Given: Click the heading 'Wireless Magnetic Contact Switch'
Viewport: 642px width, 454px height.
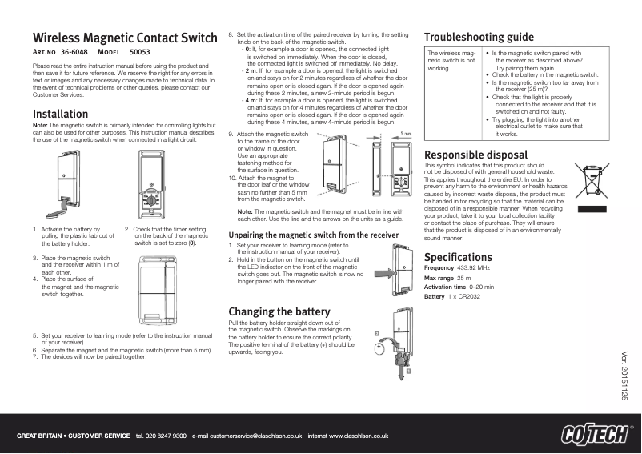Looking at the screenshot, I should (125, 38).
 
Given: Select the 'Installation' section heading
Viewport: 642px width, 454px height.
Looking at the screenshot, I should (60, 114).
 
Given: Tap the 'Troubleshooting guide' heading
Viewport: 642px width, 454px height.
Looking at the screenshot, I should (479, 37).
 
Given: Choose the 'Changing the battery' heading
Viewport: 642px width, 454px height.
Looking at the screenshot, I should (279, 311).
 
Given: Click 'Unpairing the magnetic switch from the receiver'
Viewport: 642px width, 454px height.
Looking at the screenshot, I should (313, 235).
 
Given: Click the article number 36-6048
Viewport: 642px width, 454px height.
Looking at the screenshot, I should (74, 52).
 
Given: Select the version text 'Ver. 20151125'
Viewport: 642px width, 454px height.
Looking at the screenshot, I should (625, 377).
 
